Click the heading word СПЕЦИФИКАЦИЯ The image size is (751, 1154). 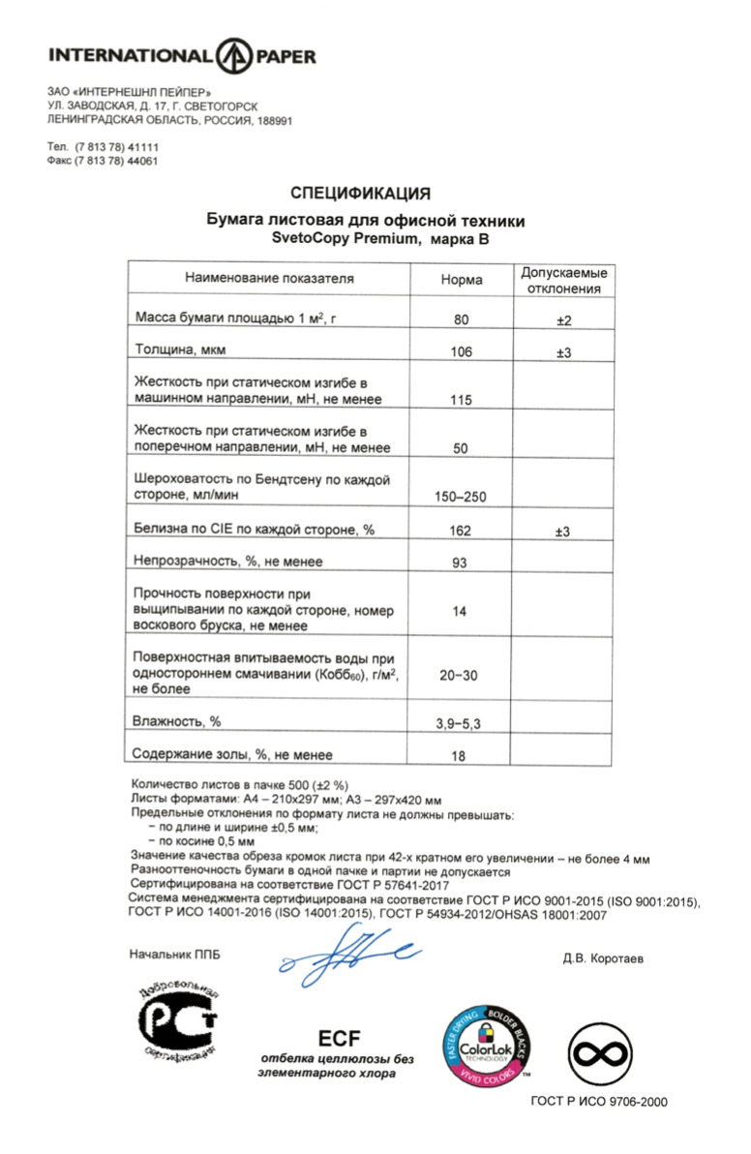[x=360, y=193]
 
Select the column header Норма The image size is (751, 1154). [x=462, y=279]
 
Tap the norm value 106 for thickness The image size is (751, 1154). [x=462, y=352]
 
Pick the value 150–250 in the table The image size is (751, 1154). [x=462, y=498]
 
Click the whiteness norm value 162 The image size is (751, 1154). [x=462, y=531]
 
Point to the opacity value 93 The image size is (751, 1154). [x=462, y=562]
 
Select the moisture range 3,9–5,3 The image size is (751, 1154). [x=462, y=722]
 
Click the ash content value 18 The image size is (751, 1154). [x=462, y=754]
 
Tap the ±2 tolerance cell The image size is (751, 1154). [x=563, y=320]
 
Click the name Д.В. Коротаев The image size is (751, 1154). [x=603, y=959]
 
